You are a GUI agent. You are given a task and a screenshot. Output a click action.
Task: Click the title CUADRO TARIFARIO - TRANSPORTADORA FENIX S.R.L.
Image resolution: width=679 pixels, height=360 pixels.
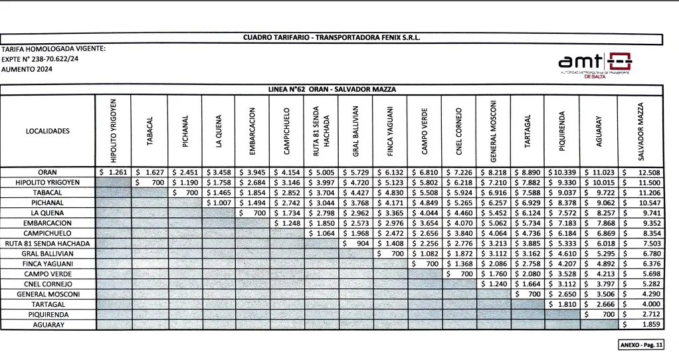point(332,38)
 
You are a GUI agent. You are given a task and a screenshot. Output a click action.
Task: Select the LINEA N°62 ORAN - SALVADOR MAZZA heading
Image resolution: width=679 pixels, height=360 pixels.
point(332,89)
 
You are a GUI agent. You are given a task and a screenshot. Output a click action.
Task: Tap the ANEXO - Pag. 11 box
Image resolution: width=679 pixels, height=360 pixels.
point(640,346)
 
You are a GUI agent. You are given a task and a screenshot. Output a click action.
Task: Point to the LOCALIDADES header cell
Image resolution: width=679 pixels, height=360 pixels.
point(48,131)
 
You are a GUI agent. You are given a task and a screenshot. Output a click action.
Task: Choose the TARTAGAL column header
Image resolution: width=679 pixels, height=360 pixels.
point(527,131)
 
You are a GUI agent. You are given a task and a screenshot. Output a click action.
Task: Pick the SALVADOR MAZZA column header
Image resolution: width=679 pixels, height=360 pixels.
point(640,131)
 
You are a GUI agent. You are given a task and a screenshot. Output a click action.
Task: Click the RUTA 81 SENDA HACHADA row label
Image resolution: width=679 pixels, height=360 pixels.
point(48,244)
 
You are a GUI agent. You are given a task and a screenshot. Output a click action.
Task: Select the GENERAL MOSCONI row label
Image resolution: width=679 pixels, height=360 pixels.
point(48,294)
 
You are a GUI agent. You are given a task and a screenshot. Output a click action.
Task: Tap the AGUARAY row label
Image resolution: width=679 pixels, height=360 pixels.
point(48,325)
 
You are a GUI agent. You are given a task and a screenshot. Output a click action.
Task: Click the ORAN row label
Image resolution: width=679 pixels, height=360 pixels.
point(48,172)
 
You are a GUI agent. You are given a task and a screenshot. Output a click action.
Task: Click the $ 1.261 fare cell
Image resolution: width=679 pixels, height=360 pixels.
point(114,172)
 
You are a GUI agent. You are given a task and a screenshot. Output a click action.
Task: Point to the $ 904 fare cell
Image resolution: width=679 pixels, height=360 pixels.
point(355,244)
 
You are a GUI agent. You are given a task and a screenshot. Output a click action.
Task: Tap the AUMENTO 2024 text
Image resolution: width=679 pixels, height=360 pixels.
point(26,68)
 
